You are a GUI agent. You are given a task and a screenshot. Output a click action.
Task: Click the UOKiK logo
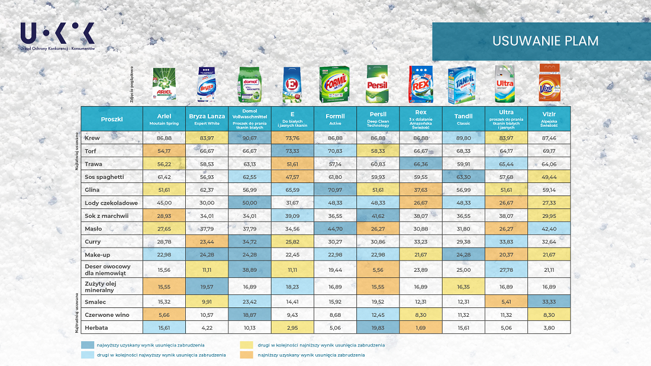click(57, 36)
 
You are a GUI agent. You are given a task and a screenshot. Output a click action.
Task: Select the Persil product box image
click(376, 84)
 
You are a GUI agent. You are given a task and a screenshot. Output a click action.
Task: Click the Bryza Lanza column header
click(207, 118)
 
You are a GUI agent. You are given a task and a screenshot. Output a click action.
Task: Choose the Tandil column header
click(463, 118)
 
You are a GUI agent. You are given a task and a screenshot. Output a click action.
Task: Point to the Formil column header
click(335, 118)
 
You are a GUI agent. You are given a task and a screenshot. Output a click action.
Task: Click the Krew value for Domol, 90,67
click(250, 138)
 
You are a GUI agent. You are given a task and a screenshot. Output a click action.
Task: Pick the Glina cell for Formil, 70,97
click(335, 190)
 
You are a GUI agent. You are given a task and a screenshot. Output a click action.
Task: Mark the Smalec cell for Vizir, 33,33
click(549, 301)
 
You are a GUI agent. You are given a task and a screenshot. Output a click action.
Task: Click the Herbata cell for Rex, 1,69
click(421, 328)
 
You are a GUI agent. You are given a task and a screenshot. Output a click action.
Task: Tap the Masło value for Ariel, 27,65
click(165, 229)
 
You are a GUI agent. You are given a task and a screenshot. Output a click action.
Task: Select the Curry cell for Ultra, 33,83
click(506, 242)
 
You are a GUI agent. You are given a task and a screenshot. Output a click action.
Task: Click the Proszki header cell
click(112, 118)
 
